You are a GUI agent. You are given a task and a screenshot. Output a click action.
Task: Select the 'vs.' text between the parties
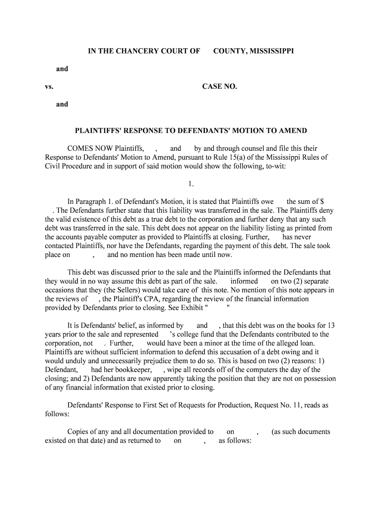pyautogui.click(x=49, y=87)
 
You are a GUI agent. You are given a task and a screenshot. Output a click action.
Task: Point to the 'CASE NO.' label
pyautogui.click(x=220, y=87)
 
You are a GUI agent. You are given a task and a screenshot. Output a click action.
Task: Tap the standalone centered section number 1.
pyautogui.click(x=191, y=184)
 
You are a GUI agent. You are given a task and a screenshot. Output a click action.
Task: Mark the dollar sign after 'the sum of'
pyautogui.click(x=322, y=201)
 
